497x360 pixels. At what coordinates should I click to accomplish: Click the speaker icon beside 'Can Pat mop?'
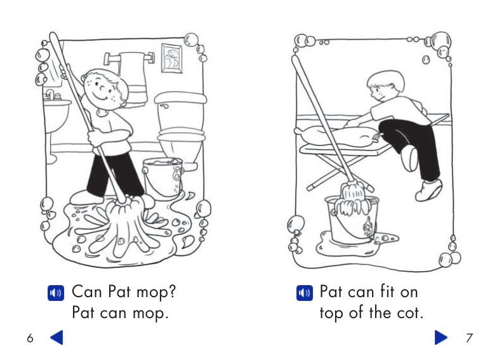(x=55, y=293)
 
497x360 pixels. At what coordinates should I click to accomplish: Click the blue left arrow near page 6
(x=56, y=337)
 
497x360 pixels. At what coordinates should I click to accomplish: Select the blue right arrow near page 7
(x=441, y=337)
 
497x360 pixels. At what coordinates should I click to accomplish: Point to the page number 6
(x=30, y=338)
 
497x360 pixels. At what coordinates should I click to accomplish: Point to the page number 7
(x=468, y=338)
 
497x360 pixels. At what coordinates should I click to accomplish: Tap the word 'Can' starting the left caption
(x=87, y=292)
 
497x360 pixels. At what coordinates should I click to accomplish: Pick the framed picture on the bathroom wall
(x=171, y=58)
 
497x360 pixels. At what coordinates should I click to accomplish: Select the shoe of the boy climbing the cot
(x=430, y=190)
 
